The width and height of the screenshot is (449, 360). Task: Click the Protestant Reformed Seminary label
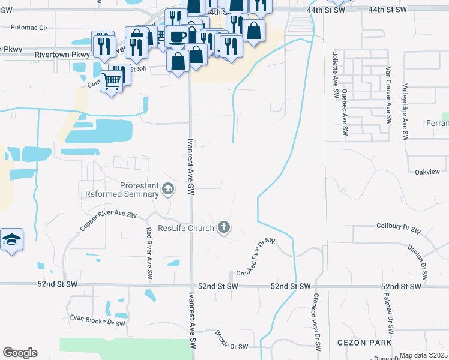(122, 190)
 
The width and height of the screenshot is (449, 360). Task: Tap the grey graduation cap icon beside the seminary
(168, 190)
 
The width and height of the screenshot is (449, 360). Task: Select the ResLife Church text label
(185, 228)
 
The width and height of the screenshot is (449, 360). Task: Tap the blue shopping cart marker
(111, 80)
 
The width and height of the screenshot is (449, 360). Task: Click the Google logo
(20, 353)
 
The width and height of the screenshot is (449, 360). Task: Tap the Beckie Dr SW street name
(231, 340)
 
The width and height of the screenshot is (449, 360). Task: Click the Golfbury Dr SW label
(399, 227)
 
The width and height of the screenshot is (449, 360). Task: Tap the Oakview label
(427, 172)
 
